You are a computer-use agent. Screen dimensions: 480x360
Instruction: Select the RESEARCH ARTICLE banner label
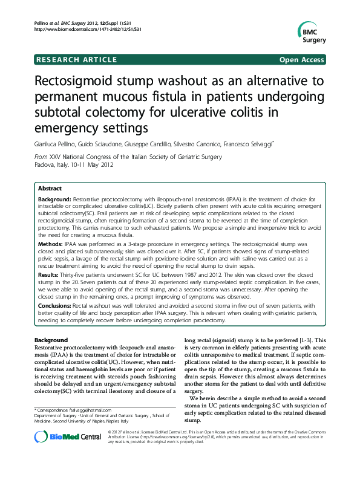tap(77, 59)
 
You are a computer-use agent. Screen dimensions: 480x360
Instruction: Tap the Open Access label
tap(301, 59)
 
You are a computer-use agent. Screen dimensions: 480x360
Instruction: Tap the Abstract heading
tap(50, 188)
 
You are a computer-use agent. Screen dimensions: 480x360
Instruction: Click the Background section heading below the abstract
tap(50, 341)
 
